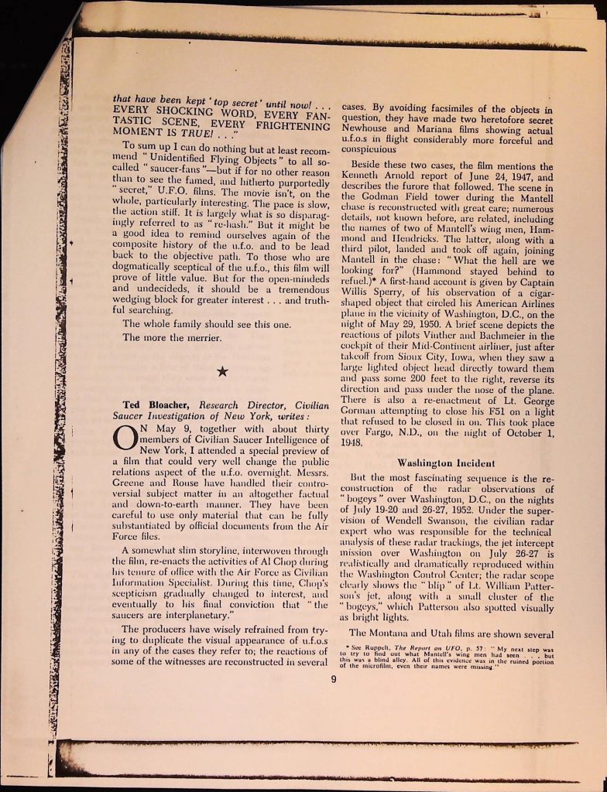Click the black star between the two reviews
pos(222,372)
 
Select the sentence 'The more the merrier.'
pos(171,337)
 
